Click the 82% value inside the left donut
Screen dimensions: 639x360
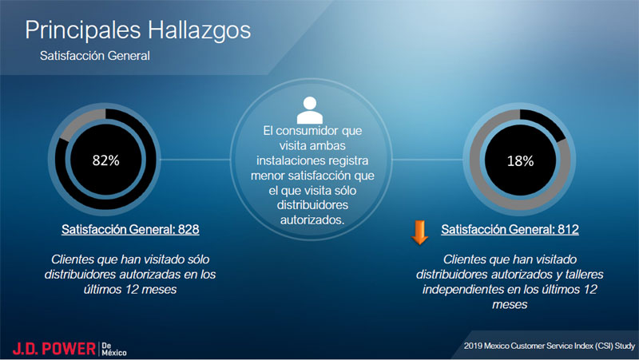(105, 160)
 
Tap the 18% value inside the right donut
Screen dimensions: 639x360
(520, 161)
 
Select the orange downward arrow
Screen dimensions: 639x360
(419, 232)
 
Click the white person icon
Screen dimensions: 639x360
(310, 110)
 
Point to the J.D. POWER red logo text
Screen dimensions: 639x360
(54, 349)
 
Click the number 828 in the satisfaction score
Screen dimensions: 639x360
(189, 229)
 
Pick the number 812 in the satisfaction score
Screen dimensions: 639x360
(568, 229)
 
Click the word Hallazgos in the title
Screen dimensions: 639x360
(199, 30)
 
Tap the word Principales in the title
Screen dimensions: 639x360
(83, 30)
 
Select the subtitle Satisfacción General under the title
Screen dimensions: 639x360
(95, 56)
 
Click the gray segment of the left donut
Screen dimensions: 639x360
(81, 122)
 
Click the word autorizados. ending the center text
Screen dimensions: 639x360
(312, 220)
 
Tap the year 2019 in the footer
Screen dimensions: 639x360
(473, 346)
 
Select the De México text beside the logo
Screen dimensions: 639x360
(113, 349)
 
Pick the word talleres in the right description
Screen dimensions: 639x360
(584, 275)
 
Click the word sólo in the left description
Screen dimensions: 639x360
(198, 259)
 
